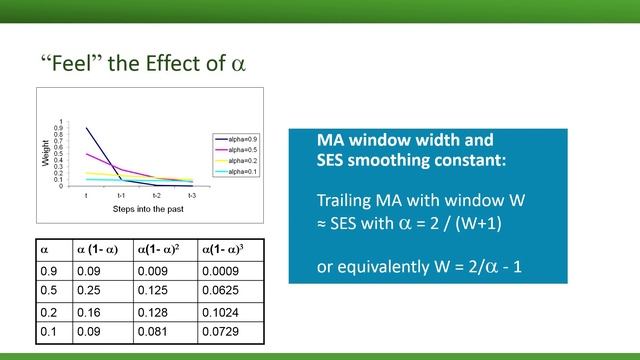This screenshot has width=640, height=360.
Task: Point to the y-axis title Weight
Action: [x=45, y=152]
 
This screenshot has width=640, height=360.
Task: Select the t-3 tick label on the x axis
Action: [x=191, y=195]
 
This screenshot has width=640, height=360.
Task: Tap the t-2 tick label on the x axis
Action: [x=156, y=195]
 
